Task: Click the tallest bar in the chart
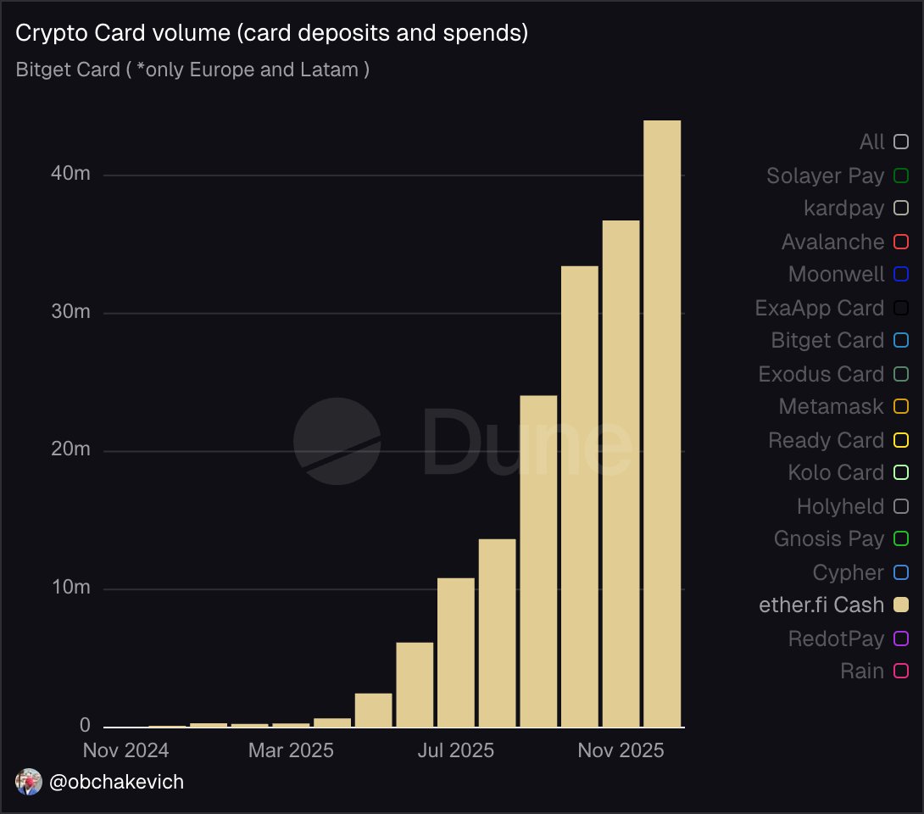pyautogui.click(x=662, y=424)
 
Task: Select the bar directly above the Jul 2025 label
pyautogui.click(x=456, y=653)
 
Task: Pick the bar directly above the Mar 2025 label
pyautogui.click(x=291, y=724)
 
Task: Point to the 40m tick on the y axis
pyautogui.click(x=71, y=175)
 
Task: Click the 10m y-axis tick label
pyautogui.click(x=71, y=588)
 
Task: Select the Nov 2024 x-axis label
pyautogui.click(x=125, y=750)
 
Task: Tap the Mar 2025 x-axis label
pyautogui.click(x=291, y=750)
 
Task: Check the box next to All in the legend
pyautogui.click(x=901, y=142)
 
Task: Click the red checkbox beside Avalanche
pyautogui.click(x=901, y=243)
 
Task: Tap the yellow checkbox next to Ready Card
pyautogui.click(x=901, y=440)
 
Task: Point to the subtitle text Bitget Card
pyautogui.click(x=68, y=70)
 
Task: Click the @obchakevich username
pyautogui.click(x=117, y=782)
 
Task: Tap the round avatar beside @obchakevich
pyautogui.click(x=29, y=782)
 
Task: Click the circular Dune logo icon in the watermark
pyautogui.click(x=337, y=441)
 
